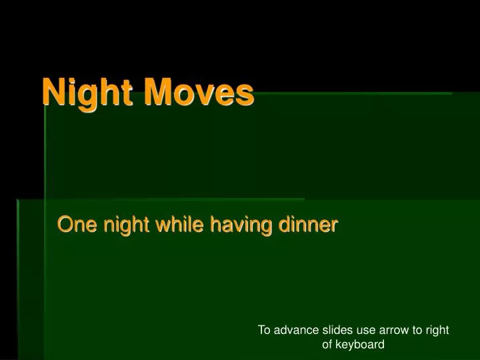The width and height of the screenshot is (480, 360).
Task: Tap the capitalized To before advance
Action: tap(263, 330)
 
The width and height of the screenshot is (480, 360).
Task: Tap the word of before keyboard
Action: tap(327, 345)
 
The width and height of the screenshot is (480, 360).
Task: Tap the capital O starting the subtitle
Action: tap(65, 225)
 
